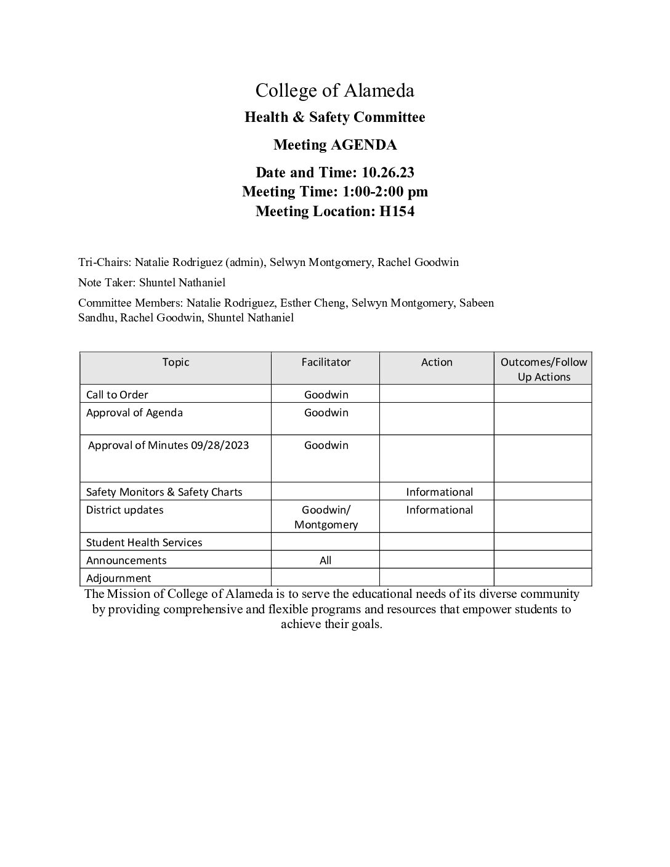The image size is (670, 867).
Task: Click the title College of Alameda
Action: [334, 91]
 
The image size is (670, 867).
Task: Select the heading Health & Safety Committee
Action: [334, 117]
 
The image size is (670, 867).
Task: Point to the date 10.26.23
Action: [388, 172]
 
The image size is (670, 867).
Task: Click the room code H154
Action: [397, 211]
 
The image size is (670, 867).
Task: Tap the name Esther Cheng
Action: [313, 303]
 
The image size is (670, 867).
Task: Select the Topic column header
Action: [176, 362]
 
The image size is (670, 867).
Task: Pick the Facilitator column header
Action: [326, 362]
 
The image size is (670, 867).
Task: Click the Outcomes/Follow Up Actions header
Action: [543, 369]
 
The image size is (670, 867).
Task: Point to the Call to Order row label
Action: [117, 395]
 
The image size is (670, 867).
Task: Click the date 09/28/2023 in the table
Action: [220, 445]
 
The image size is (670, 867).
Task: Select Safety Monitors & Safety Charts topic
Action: [164, 492]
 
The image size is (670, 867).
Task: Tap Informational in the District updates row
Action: [439, 510]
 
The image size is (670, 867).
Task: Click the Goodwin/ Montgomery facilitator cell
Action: [326, 517]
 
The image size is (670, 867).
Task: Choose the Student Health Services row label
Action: [144, 542]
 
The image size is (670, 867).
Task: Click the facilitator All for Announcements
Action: [325, 560]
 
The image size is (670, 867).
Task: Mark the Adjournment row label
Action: [118, 578]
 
